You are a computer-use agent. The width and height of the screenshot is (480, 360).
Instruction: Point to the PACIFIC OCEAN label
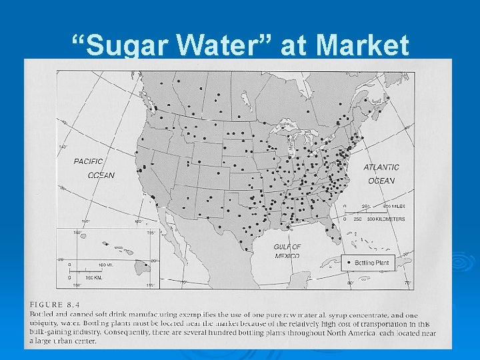93,168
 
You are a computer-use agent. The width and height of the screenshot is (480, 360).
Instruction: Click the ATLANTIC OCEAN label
381,174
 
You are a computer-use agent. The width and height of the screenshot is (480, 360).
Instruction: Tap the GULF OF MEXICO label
287,251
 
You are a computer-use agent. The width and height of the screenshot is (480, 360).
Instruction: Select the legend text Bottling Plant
373,263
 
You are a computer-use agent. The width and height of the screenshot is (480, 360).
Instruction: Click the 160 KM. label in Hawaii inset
93,276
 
